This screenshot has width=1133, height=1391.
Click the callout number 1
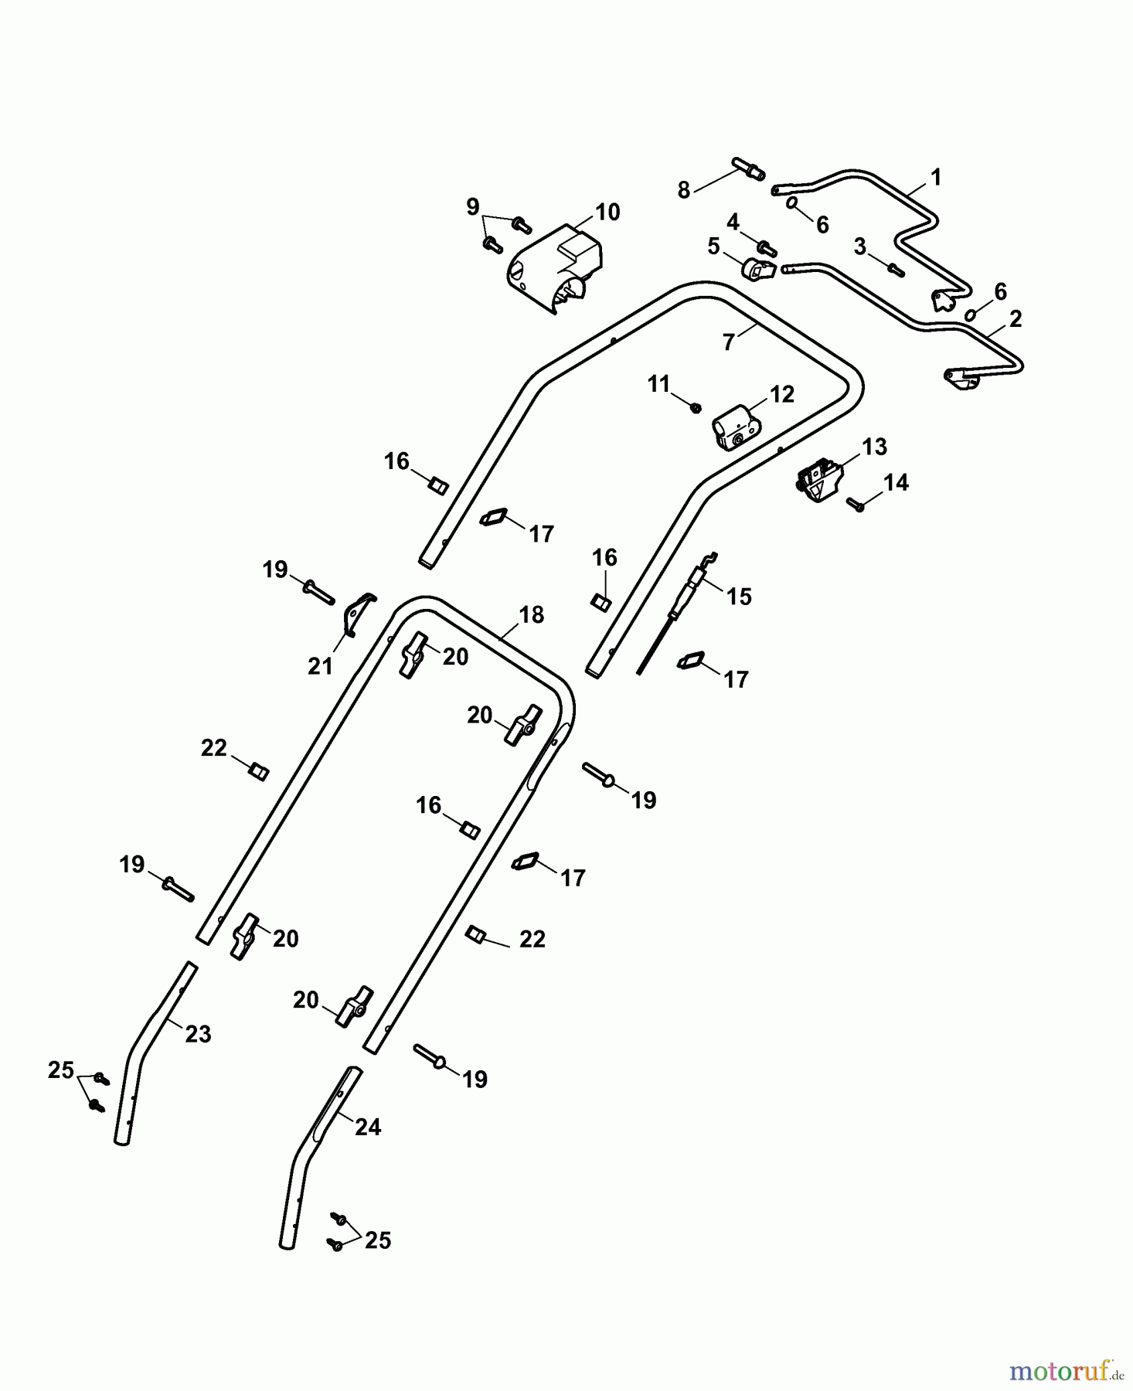[936, 178]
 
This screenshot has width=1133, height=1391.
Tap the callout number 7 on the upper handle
[728, 342]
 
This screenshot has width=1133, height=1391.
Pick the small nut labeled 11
[695, 406]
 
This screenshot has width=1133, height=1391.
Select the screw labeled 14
[856, 503]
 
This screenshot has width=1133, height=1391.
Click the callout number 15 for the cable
[739, 597]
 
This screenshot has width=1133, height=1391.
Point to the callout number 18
[532, 615]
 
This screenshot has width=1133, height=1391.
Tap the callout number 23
[198, 1034]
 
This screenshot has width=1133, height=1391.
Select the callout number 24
[368, 1127]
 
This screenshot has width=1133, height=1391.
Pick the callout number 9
[473, 207]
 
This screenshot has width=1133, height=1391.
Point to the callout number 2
[1016, 318]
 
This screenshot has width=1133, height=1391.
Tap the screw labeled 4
[766, 247]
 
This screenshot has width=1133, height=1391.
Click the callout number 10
[607, 212]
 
